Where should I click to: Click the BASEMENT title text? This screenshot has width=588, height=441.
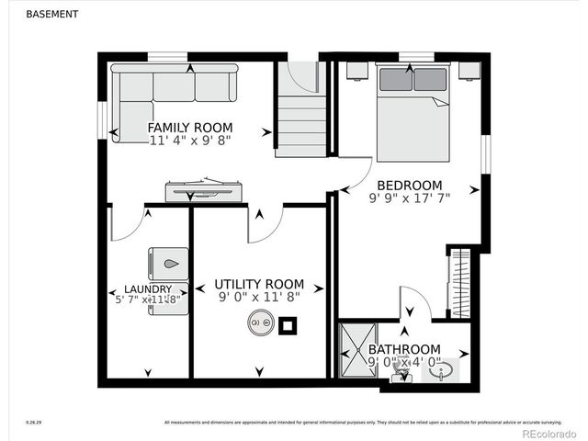[x=51, y=15]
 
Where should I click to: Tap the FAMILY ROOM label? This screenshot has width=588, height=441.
[x=190, y=128]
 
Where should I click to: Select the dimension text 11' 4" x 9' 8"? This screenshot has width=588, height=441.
[x=190, y=141]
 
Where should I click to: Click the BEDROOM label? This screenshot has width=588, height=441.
[x=409, y=185]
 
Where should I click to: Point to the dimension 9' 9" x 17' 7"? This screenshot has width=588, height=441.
[x=409, y=198]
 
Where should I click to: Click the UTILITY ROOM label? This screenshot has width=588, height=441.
[x=259, y=284]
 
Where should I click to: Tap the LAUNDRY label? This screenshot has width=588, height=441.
[x=141, y=289]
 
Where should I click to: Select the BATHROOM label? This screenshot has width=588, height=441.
[x=404, y=349]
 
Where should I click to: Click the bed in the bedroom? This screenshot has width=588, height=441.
[x=413, y=110]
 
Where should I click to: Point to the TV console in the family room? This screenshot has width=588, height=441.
[x=203, y=191]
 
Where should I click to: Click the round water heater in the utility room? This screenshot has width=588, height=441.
[x=258, y=322]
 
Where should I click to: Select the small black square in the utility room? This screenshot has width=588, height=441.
[x=288, y=323]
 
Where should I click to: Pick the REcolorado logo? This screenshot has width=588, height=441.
[x=548, y=432]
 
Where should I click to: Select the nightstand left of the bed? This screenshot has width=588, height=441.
[x=357, y=72]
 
